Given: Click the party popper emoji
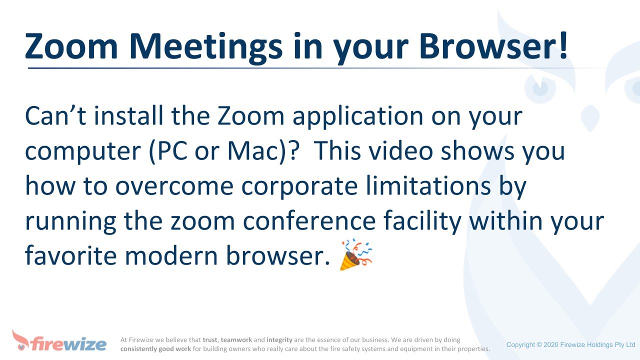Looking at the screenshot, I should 356,255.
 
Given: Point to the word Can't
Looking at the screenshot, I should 55,116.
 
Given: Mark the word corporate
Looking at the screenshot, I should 299,186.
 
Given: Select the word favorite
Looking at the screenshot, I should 70,256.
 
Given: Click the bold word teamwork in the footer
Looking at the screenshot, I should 236,340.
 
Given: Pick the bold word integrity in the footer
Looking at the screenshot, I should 279,340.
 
